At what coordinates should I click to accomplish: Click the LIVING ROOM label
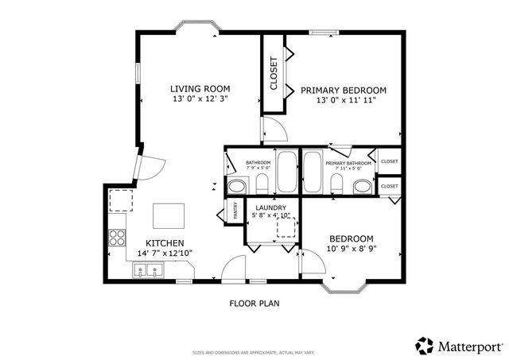point(200,88)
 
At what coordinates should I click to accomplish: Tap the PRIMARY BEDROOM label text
point(343,90)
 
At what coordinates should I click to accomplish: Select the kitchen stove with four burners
point(117,235)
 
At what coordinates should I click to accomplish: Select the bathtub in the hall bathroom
point(286,172)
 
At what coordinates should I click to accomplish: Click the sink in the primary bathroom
point(362,187)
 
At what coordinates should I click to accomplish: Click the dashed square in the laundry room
point(285,228)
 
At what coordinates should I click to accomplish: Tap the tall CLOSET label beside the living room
point(274,73)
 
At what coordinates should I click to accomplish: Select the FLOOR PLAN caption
point(254,303)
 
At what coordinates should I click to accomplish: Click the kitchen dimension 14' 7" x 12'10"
point(165,253)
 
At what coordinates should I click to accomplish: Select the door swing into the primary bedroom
point(272,129)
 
